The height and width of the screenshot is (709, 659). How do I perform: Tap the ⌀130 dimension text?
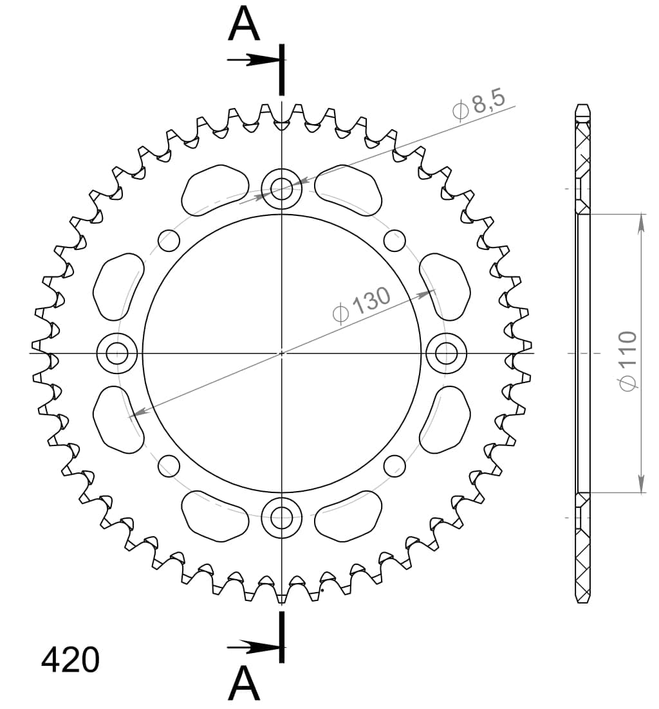(362, 305)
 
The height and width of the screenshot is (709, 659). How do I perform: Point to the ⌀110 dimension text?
(627, 360)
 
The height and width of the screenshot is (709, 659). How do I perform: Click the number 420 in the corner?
(70, 660)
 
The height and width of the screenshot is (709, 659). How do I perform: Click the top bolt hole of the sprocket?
(281, 188)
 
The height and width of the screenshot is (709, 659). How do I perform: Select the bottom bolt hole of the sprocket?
(281, 516)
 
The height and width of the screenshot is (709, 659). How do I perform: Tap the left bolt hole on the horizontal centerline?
(117, 353)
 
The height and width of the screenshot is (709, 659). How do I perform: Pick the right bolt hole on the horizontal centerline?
(445, 353)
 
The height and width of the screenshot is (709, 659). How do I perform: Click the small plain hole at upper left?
(169, 241)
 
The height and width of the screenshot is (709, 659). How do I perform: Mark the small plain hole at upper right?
(394, 241)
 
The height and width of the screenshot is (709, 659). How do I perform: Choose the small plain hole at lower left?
(169, 464)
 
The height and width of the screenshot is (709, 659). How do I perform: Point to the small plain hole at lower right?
(394, 464)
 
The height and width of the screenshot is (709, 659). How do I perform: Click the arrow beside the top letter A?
(254, 60)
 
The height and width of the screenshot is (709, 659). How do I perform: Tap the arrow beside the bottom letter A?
(254, 645)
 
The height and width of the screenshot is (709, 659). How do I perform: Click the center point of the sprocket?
(281, 353)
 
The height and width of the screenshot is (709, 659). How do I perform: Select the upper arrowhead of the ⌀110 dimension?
(641, 222)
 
